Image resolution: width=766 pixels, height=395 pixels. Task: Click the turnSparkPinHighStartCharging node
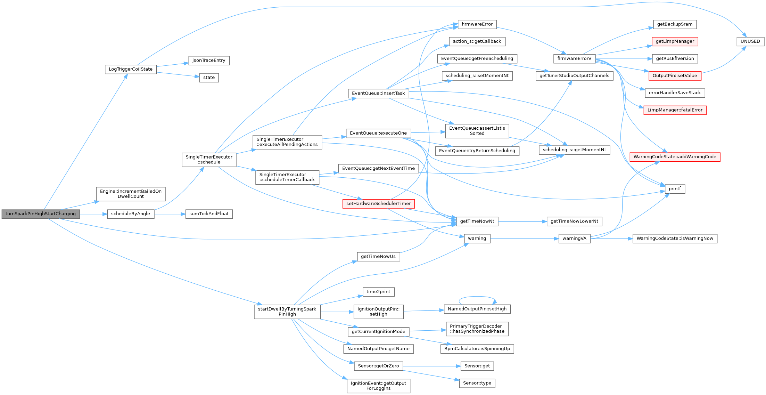[40, 214]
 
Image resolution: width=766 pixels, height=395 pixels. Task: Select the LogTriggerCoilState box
[131, 69]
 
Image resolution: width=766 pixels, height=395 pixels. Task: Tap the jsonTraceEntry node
[209, 61]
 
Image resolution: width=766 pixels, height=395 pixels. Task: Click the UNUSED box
[750, 41]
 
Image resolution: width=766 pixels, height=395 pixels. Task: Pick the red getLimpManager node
[675, 41]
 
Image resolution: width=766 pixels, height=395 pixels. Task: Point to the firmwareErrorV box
[574, 58]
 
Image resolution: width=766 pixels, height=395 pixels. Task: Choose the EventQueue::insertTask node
[378, 93]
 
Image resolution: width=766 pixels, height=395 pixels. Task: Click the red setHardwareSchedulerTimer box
[378, 204]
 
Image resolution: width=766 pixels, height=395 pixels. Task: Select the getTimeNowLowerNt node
[574, 221]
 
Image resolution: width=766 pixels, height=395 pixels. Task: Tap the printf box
[675, 189]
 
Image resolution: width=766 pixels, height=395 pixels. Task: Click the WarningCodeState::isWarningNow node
[675, 239]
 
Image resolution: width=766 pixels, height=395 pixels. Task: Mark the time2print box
[378, 292]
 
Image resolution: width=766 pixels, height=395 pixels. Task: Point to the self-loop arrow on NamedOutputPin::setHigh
[477, 297]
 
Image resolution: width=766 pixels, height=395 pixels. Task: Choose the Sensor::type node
[477, 383]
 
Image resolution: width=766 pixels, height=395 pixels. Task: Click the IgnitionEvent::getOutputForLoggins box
[378, 386]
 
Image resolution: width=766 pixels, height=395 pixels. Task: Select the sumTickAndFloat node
[209, 214]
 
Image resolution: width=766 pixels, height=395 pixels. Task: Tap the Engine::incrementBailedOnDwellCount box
[131, 194]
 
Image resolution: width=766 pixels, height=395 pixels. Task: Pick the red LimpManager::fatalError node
[675, 110]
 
